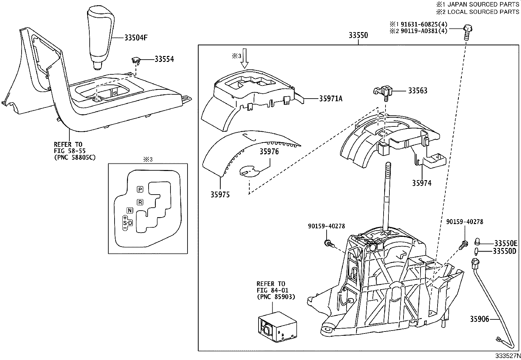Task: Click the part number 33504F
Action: [136, 38]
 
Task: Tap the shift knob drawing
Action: [100, 36]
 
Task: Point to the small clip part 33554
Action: [136, 60]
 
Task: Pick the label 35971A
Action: [331, 98]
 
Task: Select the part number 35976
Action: [269, 152]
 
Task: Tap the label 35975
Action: [220, 195]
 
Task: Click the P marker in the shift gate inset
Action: [140, 189]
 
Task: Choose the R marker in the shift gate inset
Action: [140, 202]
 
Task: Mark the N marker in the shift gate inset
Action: [130, 211]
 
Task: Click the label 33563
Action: [417, 91]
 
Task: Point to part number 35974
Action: [422, 183]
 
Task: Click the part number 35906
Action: [479, 318]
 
